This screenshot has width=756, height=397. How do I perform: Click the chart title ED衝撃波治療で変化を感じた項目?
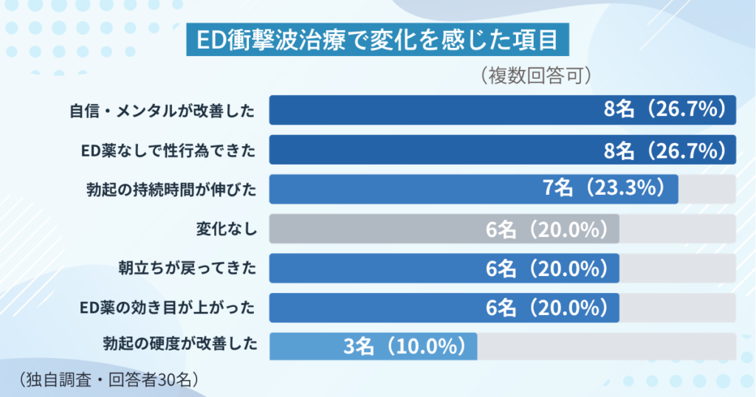point(377,41)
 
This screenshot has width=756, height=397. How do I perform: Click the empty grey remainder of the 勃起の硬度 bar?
point(605,345)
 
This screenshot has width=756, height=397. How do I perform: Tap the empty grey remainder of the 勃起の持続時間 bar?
point(707,189)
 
